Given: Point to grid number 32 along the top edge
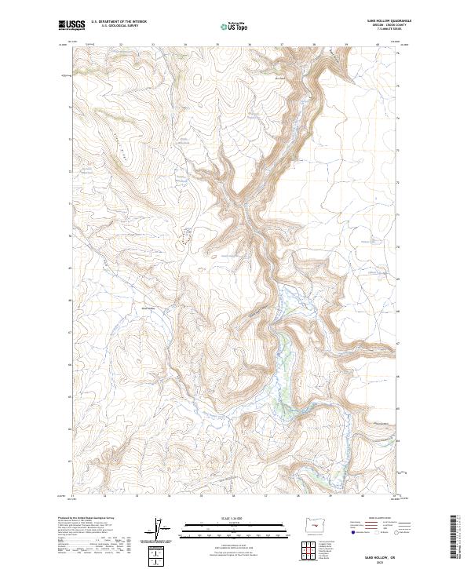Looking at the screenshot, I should (120, 46).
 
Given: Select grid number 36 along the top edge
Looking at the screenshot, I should (249, 46).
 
